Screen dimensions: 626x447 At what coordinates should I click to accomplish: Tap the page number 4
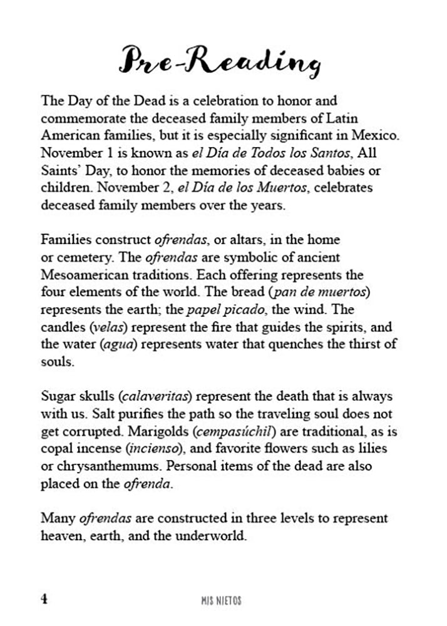[44, 598]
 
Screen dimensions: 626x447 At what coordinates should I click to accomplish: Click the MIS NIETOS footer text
[217, 600]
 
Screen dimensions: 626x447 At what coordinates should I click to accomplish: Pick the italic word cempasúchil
[244, 431]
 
